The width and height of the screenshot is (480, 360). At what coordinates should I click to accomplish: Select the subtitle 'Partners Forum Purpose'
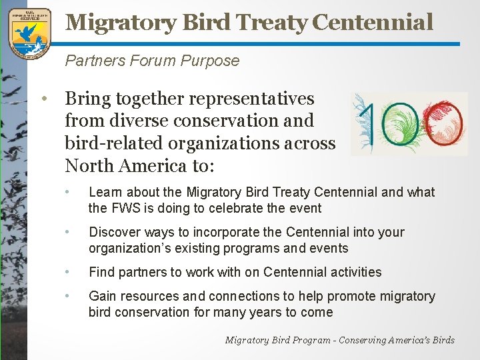(x=152, y=61)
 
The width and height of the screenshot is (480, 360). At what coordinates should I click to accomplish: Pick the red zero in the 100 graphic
(x=444, y=123)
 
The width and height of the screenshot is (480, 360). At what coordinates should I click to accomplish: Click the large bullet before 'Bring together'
(x=43, y=99)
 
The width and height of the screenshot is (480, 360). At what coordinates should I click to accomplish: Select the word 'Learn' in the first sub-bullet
(x=104, y=192)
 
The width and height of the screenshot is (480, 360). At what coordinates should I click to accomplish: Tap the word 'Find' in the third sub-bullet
(x=101, y=272)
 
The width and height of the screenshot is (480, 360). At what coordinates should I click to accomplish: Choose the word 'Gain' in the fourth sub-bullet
(x=102, y=296)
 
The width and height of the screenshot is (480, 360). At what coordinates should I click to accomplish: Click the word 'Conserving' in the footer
(x=365, y=340)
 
